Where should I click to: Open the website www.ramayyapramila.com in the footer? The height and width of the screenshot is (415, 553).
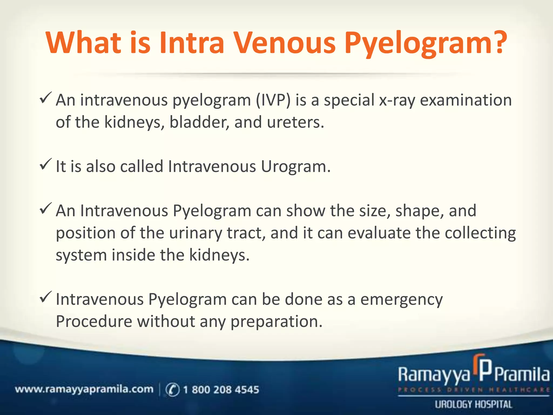84,389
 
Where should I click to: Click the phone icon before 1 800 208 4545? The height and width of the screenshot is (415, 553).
172,390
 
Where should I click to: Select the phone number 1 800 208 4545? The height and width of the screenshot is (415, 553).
221,390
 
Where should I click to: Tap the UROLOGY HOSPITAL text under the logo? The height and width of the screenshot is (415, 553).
473,404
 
